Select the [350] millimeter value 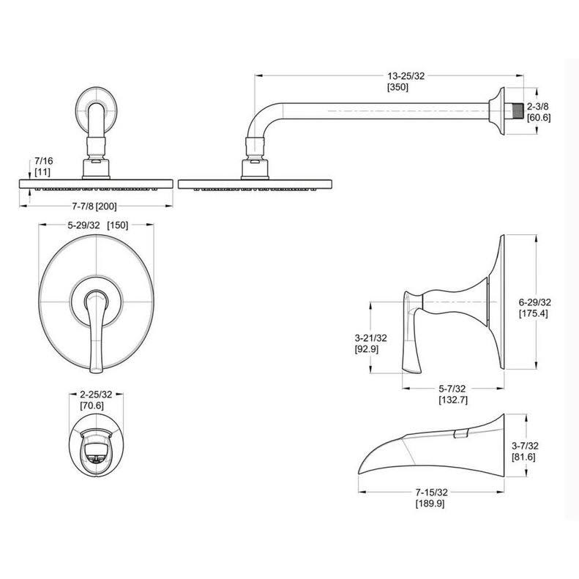click(397, 86)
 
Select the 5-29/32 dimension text click(83, 225)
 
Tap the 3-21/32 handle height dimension click(370, 338)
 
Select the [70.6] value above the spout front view click(96, 406)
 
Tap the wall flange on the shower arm click(499, 111)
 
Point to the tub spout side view click(432, 450)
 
